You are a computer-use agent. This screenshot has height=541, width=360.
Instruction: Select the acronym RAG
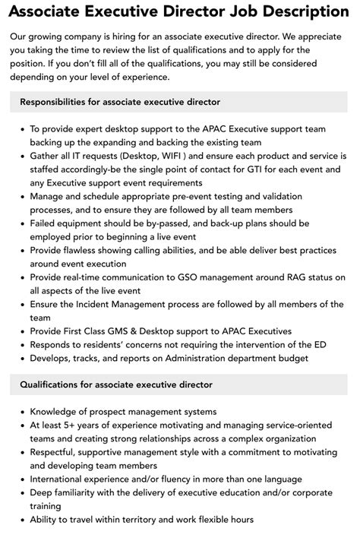pos(287,277)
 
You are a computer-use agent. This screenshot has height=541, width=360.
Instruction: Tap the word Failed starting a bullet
pos(46,223)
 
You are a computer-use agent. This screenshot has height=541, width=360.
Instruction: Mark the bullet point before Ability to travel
pos(21,520)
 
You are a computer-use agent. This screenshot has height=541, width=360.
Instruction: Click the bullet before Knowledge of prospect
pos(21,411)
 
